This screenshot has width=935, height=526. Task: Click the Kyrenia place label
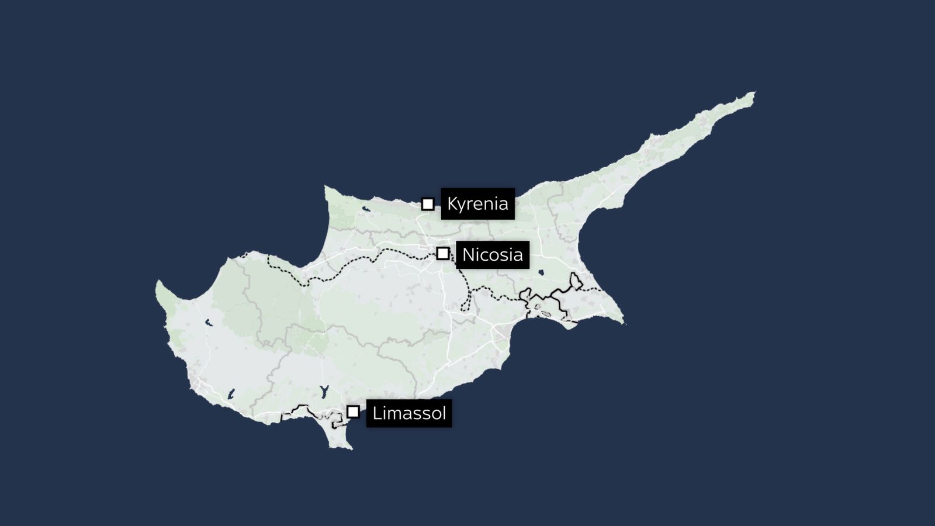[x=477, y=204]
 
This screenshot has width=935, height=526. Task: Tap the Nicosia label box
[x=492, y=255]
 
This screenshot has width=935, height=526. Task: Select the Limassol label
[x=408, y=413]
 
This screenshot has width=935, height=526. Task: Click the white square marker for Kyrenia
[x=428, y=204]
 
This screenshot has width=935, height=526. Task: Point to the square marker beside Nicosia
[x=443, y=254]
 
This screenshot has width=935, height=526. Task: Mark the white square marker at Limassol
[x=353, y=411]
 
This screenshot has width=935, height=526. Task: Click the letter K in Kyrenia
[x=452, y=204]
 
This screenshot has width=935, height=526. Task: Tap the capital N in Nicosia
[x=467, y=255]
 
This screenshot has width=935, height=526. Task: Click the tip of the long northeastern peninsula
[x=753, y=93]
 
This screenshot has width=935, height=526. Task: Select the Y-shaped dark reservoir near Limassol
[x=324, y=391]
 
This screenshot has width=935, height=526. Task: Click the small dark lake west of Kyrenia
[x=366, y=208]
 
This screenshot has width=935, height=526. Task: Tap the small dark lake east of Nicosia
[x=541, y=272]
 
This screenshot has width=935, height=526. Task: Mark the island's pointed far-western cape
[x=158, y=283]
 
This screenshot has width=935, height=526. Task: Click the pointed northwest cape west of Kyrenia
[x=326, y=188]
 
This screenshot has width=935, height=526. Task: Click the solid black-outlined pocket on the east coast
[x=576, y=282]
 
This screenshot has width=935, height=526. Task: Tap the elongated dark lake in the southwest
[x=231, y=394]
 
